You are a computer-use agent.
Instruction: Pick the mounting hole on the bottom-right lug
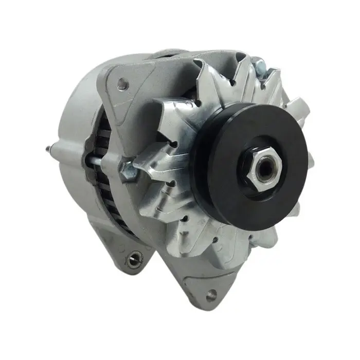[211, 295]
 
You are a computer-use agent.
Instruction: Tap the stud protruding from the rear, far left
[49, 149]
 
